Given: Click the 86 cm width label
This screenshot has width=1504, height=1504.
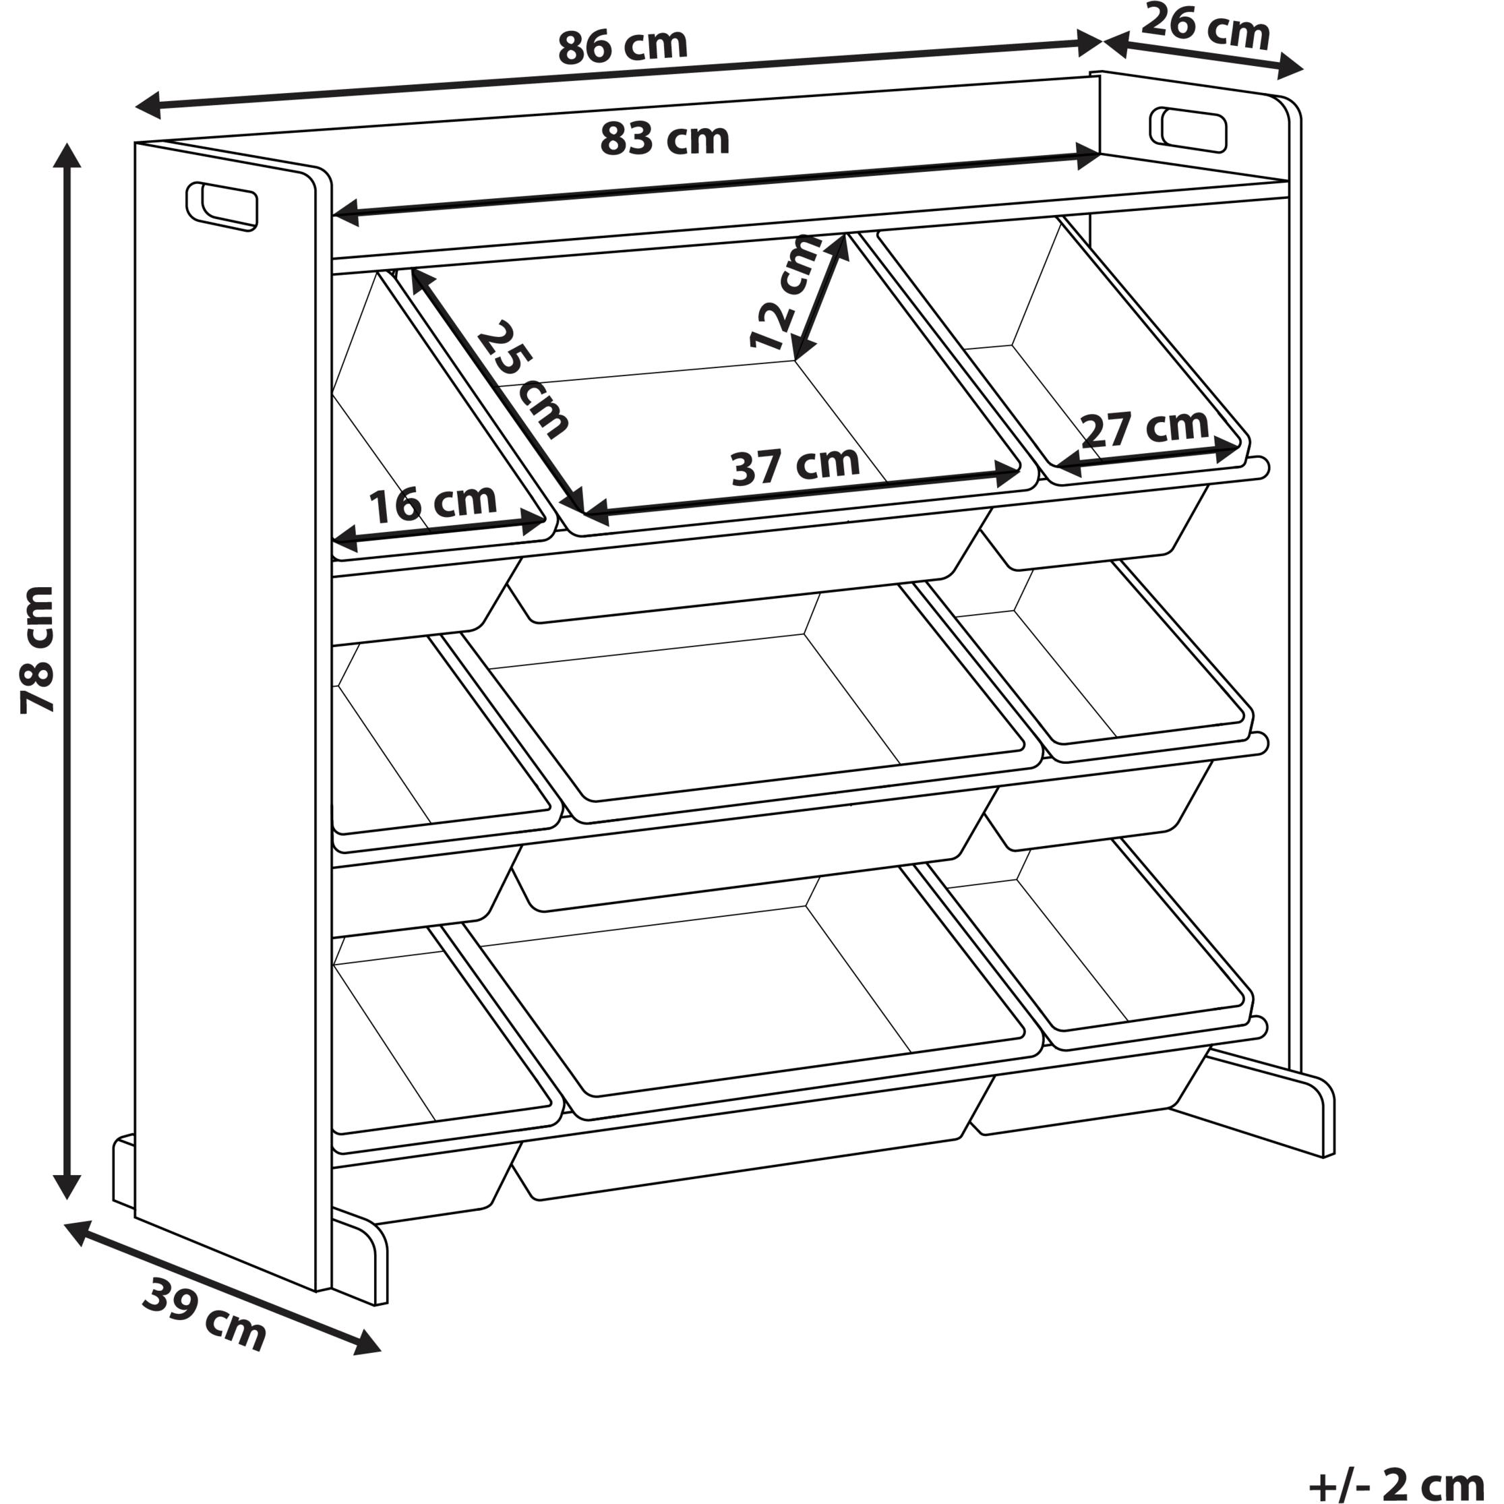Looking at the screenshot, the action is [623, 47].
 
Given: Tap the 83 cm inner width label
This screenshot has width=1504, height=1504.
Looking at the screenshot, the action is [664, 140].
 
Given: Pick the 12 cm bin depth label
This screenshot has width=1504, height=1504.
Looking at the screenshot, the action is [785, 292].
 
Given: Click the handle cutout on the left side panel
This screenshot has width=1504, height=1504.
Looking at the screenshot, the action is [221, 206].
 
